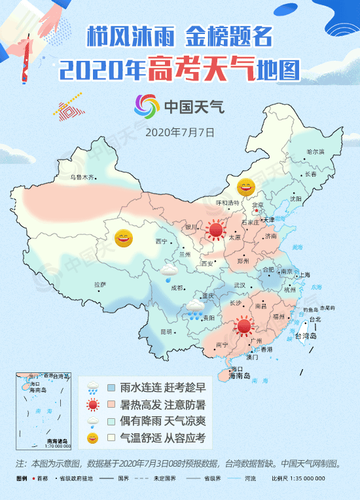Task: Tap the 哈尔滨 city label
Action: pos(315,152)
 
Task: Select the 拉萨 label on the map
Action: pos(99,284)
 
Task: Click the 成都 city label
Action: pos(176,287)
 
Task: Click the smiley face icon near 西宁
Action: pos(123,238)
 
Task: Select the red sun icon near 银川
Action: pos(215,230)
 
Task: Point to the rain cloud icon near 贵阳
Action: pos(194,308)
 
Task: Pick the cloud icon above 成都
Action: pos(170,270)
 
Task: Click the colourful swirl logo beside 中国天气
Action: pos(146,105)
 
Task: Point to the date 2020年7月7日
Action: pos(180,132)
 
